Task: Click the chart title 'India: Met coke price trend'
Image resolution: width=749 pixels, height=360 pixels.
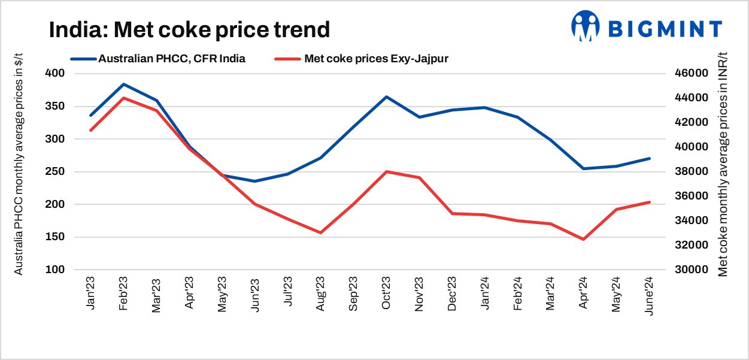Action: click(189, 29)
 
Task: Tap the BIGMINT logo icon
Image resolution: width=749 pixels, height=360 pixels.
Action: click(585, 26)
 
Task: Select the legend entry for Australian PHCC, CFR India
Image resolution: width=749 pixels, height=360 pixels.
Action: click(157, 59)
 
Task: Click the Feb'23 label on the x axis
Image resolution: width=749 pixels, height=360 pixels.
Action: click(123, 293)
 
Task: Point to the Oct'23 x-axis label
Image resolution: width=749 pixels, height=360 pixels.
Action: click(386, 293)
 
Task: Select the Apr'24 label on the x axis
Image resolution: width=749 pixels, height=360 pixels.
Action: click(583, 293)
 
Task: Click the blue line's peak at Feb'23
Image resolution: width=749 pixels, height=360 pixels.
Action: click(123, 84)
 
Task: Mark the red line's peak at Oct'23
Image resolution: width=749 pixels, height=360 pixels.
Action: click(386, 172)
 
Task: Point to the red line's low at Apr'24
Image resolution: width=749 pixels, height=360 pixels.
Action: click(583, 240)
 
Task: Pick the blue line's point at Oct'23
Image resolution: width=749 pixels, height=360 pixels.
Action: click(386, 97)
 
